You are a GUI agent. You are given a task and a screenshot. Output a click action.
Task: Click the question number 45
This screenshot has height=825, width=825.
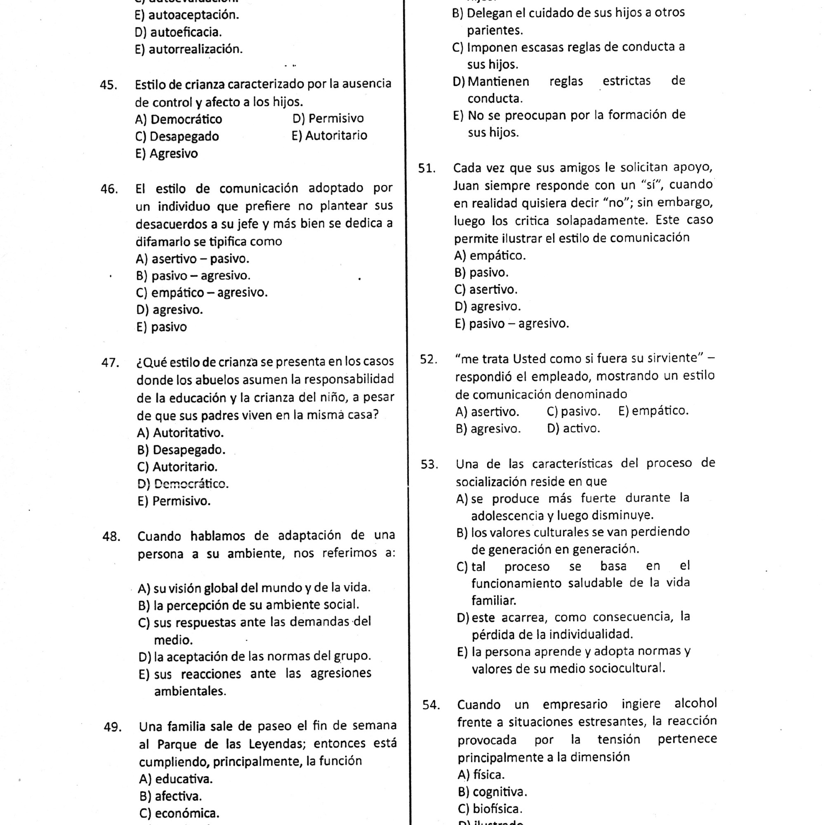pos(108,85)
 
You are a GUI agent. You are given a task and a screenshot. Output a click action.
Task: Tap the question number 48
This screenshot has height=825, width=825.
pos(111,536)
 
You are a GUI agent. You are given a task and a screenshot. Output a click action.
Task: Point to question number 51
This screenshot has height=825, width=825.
pos(427,168)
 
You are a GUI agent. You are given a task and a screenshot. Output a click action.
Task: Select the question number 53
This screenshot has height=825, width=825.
pos(429,464)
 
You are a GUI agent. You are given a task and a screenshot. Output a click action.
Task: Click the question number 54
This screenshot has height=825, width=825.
pos(431,705)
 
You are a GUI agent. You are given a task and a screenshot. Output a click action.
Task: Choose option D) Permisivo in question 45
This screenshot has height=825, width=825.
pos(328,118)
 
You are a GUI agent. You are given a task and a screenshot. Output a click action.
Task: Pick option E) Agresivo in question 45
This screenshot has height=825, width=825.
pos(167,154)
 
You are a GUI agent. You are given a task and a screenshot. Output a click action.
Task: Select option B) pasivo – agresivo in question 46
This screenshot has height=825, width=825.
pos(193,276)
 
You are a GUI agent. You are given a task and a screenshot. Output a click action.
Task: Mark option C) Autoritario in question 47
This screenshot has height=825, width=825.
pos(177,467)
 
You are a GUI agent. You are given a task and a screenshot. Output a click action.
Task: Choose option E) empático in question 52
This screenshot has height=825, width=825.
pos(653,411)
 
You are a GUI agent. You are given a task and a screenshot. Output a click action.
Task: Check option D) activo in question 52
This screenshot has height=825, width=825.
pos(573,428)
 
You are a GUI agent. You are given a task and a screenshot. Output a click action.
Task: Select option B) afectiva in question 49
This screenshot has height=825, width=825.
pos(170,797)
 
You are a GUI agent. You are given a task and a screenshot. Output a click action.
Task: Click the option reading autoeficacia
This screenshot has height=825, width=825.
pos(178,32)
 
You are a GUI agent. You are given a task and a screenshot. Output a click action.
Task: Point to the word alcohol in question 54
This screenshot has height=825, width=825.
pos(695,703)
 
